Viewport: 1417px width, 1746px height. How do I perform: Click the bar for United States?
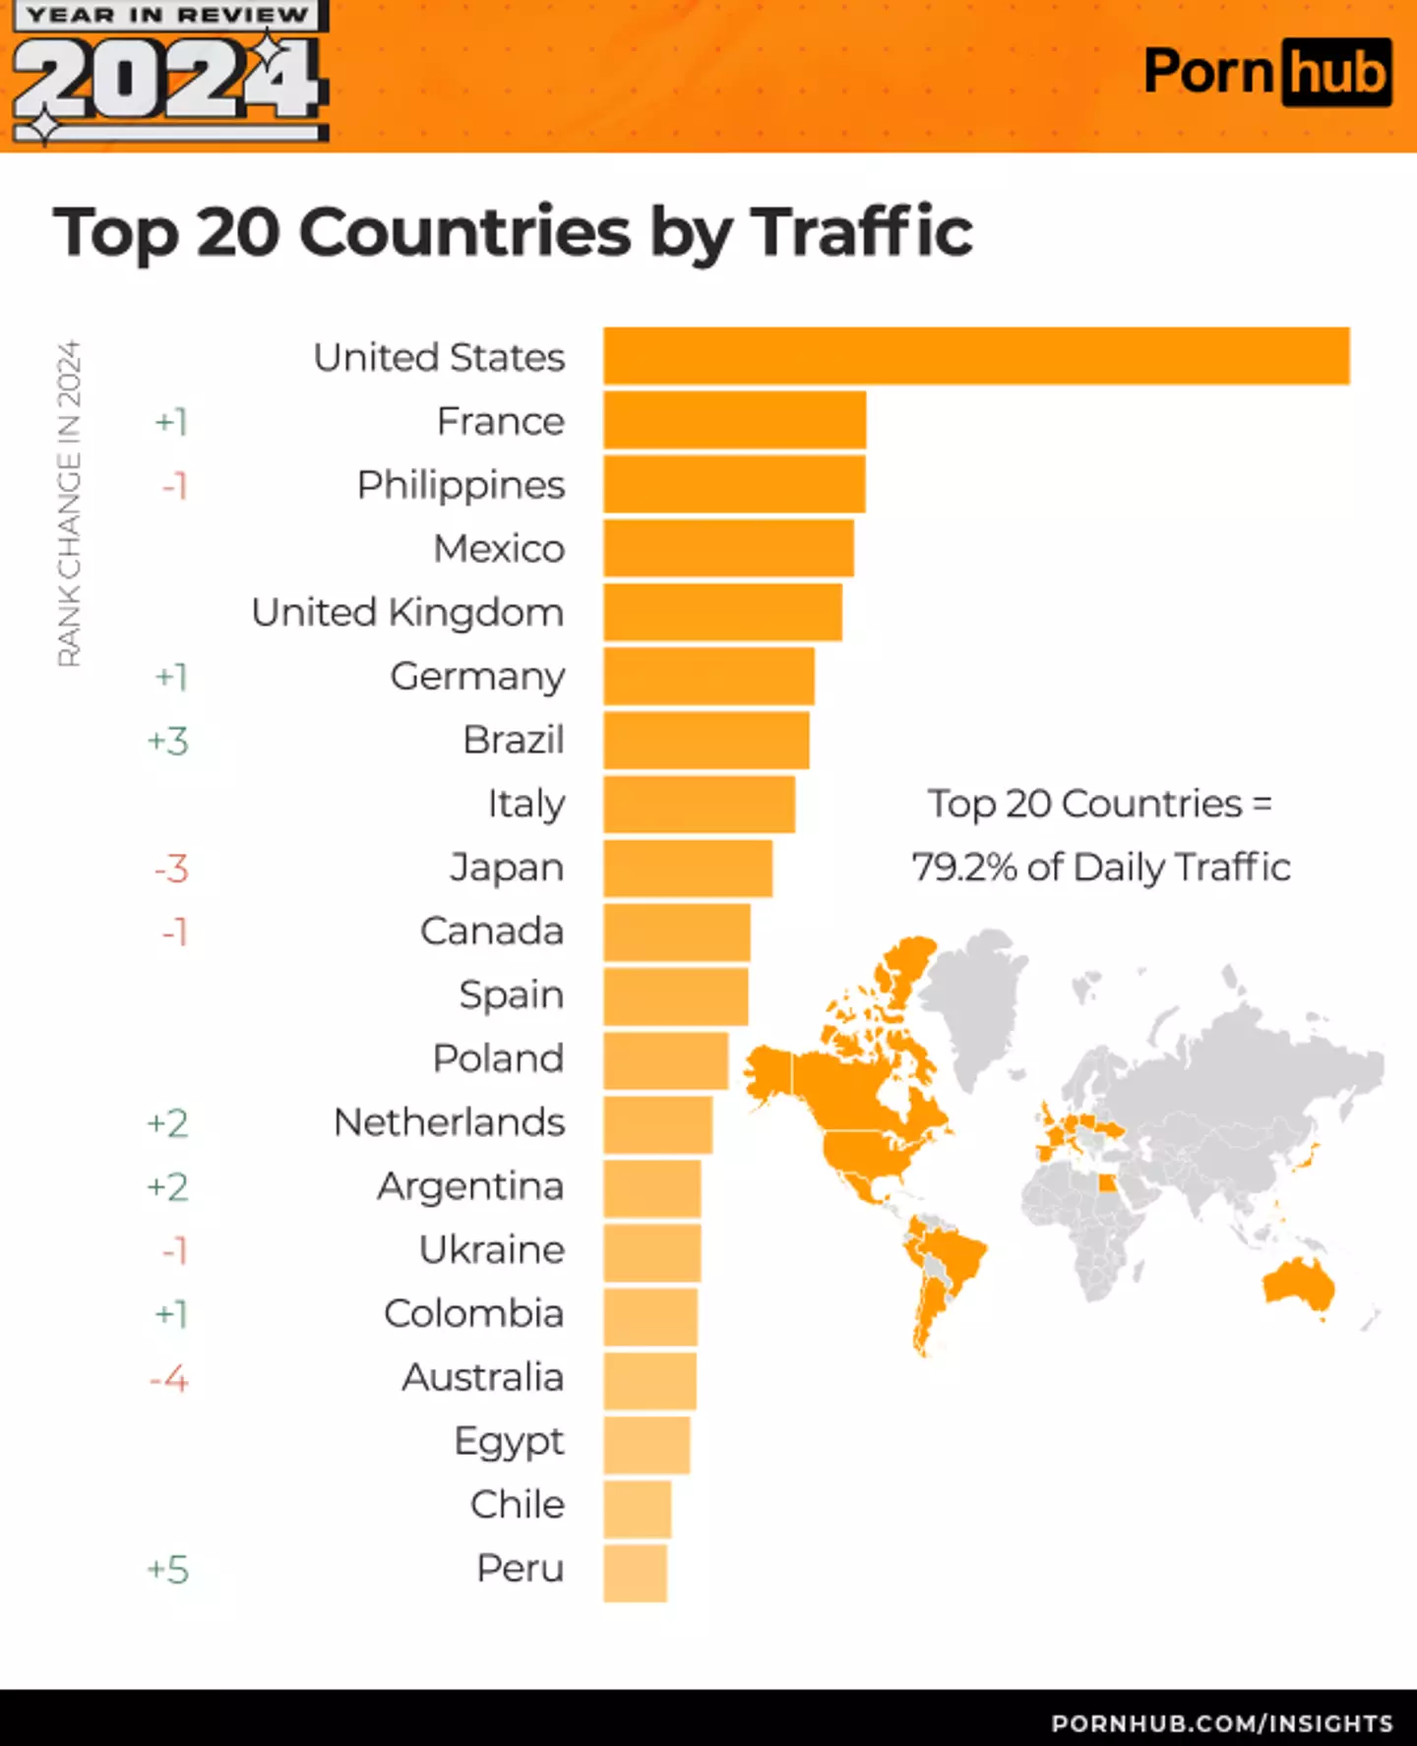click(976, 356)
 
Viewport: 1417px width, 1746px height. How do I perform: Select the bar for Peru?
click(636, 1573)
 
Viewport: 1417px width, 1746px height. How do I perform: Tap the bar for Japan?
click(688, 868)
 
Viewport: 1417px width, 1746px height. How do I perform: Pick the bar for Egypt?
click(647, 1445)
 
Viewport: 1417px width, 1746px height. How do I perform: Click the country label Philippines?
click(461, 485)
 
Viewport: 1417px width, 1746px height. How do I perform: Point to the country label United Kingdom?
click(407, 613)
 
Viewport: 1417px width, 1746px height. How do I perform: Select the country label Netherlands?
click(449, 1122)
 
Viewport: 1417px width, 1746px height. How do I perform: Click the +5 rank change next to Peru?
click(167, 1569)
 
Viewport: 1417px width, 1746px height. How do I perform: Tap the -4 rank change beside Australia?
click(168, 1378)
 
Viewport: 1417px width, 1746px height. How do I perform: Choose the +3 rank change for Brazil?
click(167, 741)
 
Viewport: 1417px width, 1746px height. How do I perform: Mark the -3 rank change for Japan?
click(170, 869)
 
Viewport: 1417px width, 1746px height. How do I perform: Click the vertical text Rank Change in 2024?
click(69, 504)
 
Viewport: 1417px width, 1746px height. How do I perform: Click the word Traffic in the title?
click(862, 232)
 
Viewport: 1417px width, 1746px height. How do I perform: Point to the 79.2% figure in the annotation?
click(963, 868)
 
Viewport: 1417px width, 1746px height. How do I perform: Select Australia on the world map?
click(1298, 1286)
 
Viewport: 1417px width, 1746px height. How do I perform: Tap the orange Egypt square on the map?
click(1107, 1183)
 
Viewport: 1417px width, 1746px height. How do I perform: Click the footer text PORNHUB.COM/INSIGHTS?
click(1221, 1723)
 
